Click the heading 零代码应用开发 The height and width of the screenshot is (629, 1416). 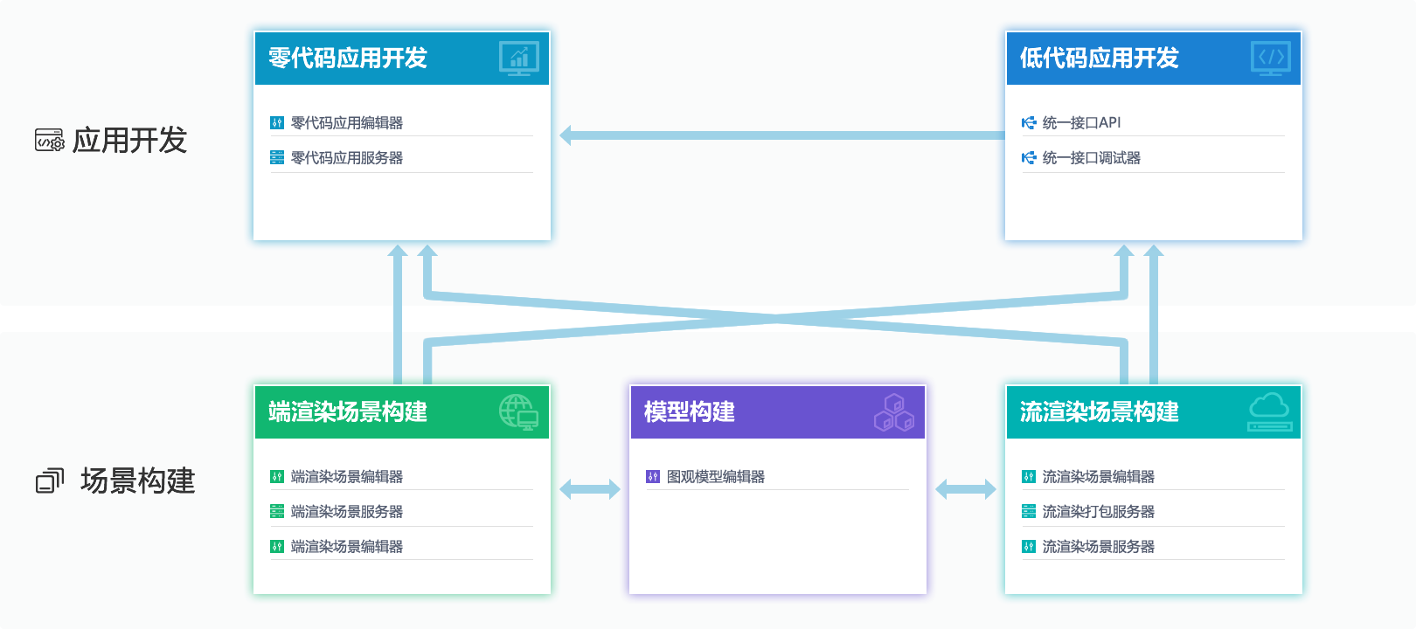pos(347,59)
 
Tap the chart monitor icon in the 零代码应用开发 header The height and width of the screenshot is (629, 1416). pos(519,59)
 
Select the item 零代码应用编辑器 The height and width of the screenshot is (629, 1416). pos(346,123)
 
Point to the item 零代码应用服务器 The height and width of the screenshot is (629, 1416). pos(346,158)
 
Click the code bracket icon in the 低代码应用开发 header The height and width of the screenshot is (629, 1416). pos(1271,59)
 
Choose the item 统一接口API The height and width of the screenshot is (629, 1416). pos(1081,123)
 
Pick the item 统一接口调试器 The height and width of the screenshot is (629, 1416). pos(1091,158)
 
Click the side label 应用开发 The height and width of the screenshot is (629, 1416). pos(129,140)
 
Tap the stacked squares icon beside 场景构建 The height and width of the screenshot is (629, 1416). pos(50,480)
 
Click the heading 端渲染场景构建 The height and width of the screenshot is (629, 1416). pos(347,411)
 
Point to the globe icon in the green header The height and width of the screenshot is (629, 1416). pos(518,411)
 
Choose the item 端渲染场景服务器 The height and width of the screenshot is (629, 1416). pos(346,512)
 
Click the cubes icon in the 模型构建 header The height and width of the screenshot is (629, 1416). pos(893,412)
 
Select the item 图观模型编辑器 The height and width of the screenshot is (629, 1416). pos(715,477)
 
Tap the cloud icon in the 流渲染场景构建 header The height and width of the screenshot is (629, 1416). pos(1269,411)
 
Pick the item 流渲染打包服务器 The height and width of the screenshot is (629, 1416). pos(1098,512)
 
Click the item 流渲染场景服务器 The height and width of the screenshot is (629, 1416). pos(1098,547)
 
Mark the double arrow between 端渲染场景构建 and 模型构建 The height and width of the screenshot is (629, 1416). pos(590,489)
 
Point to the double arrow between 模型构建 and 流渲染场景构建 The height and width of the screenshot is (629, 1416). pos(966,489)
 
